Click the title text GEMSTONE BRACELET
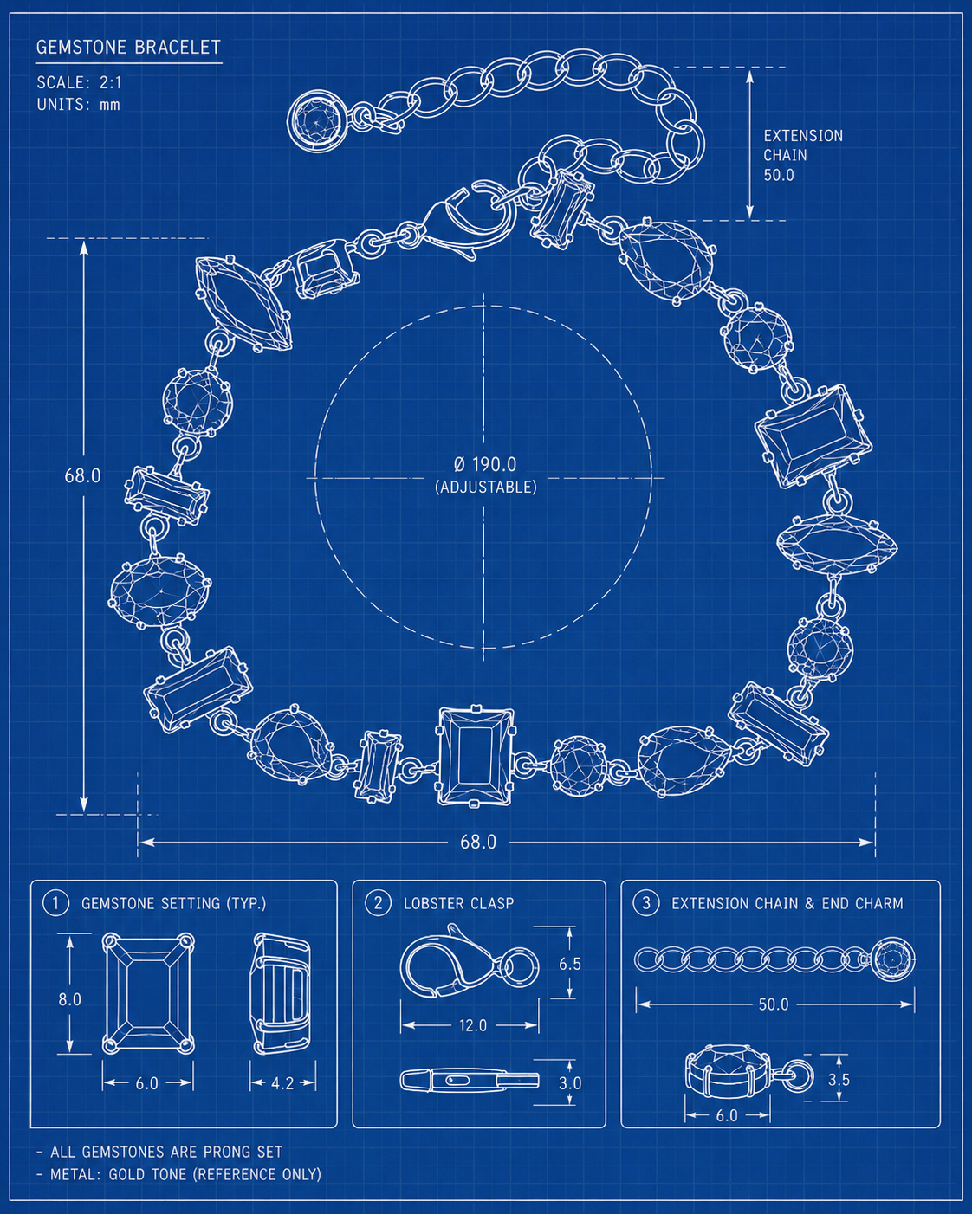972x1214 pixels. tap(128, 47)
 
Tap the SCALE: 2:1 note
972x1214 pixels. tap(79, 82)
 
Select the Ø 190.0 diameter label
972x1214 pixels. tap(485, 464)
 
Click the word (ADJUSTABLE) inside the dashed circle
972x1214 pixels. tap(485, 487)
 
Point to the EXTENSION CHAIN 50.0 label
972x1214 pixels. tap(803, 155)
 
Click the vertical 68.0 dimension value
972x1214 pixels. tap(82, 475)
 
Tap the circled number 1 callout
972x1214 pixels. tap(56, 903)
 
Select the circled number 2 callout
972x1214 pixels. tap(379, 903)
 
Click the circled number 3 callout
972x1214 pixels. tap(646, 903)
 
